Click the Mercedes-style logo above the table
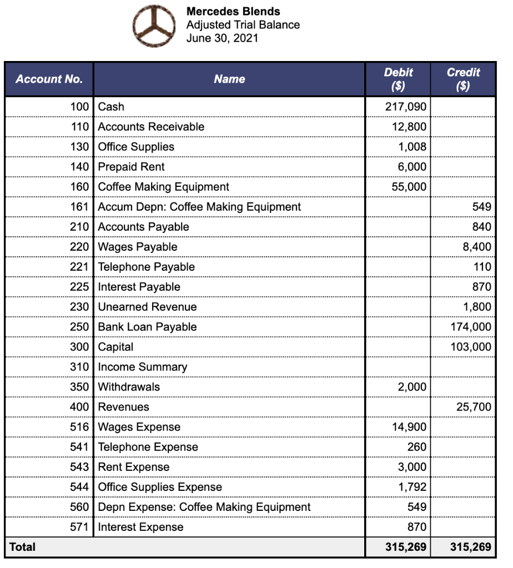pyautogui.click(x=153, y=26)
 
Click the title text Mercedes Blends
pyautogui.click(x=233, y=11)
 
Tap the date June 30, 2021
pyautogui.click(x=222, y=38)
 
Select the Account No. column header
pyautogui.click(x=49, y=79)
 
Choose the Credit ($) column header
pyautogui.click(x=463, y=79)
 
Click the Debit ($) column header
pyautogui.click(x=398, y=79)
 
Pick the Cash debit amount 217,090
pyautogui.click(x=406, y=106)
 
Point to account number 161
pyautogui.click(x=79, y=207)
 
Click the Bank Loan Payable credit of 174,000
pyautogui.click(x=470, y=327)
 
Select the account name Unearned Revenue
pyautogui.click(x=147, y=307)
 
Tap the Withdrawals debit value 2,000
pyautogui.click(x=412, y=387)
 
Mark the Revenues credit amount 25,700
pyautogui.click(x=474, y=407)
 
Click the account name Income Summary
pyautogui.click(x=143, y=367)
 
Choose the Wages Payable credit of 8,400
pyautogui.click(x=477, y=247)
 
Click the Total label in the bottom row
pyautogui.click(x=22, y=547)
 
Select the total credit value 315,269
pyautogui.click(x=470, y=547)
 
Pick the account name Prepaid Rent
pyautogui.click(x=131, y=167)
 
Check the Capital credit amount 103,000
pyautogui.click(x=470, y=347)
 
